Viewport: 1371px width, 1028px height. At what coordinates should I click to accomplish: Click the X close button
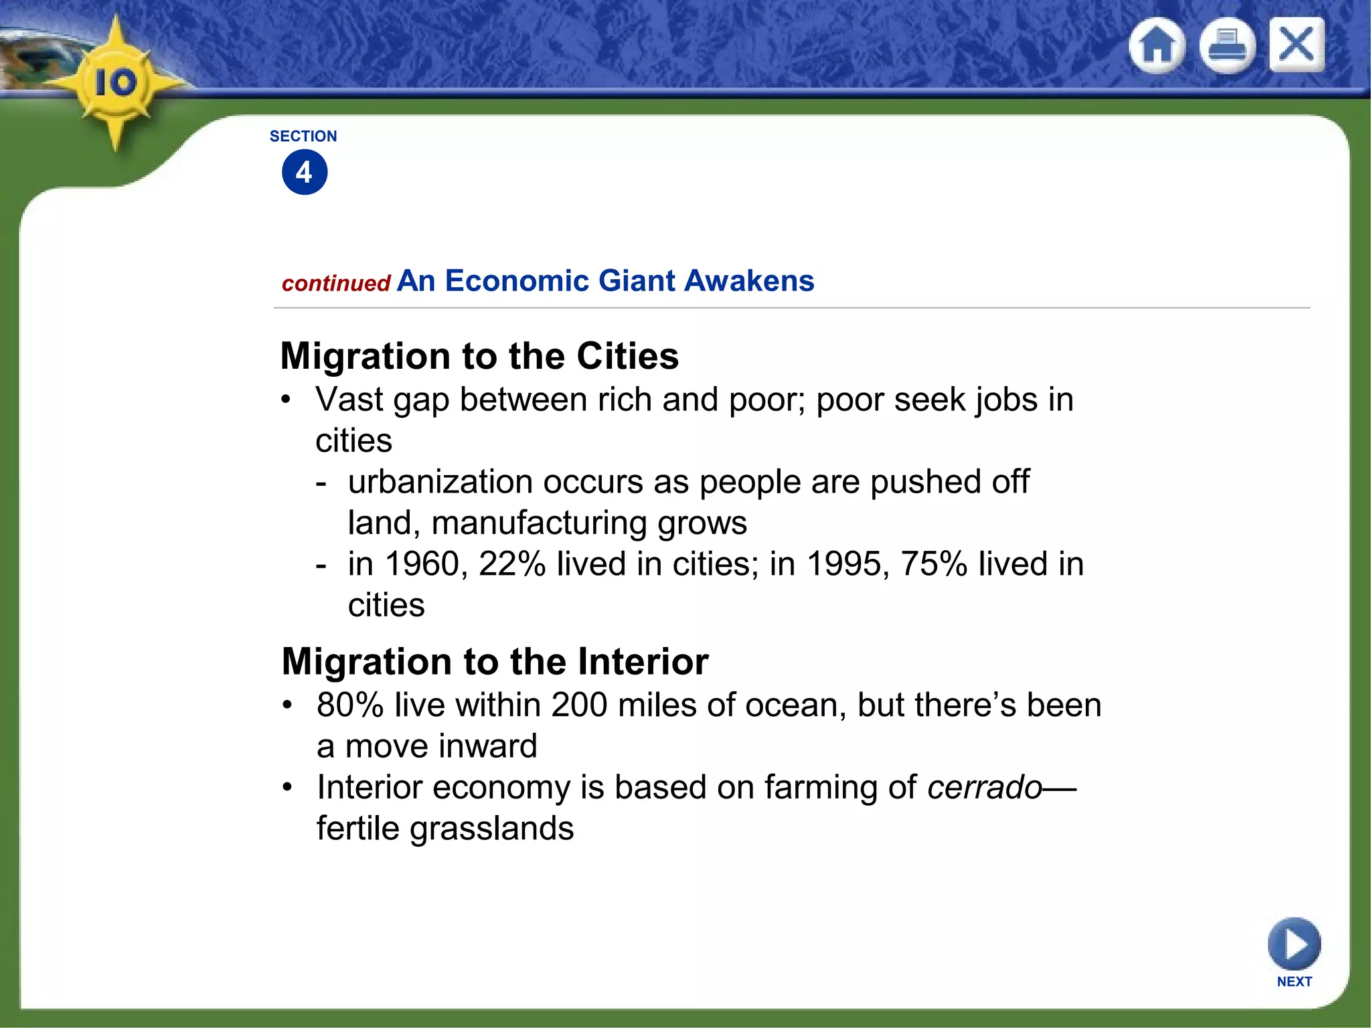coord(1297,45)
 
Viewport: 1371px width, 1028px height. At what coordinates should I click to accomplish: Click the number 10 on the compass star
coord(115,83)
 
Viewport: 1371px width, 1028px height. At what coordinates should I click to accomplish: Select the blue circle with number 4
coord(305,173)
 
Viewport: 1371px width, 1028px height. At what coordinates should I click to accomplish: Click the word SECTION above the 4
coord(303,137)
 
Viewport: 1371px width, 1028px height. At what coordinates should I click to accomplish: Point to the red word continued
coord(336,284)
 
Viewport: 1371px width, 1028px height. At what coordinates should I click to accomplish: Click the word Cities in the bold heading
coord(627,356)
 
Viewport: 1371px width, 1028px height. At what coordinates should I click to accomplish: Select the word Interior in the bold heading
coord(643,662)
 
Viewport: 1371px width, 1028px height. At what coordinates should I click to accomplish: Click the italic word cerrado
coord(985,788)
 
